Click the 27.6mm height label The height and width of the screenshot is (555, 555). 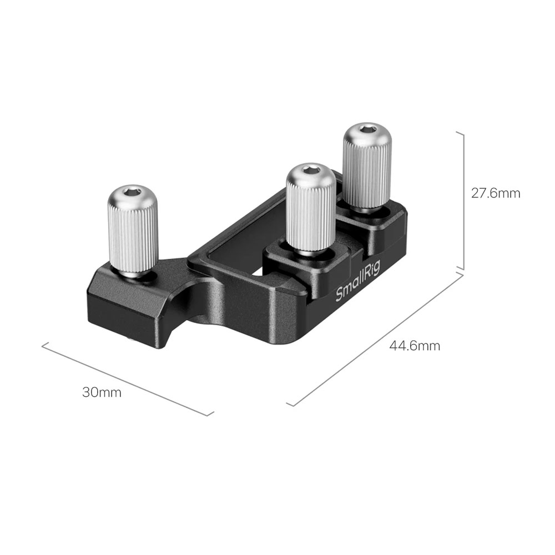click(496, 193)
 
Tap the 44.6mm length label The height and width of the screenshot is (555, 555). click(415, 346)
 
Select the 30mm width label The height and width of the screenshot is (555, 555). click(102, 392)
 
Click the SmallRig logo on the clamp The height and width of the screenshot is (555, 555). click(355, 286)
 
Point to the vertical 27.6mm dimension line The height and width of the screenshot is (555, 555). click(463, 200)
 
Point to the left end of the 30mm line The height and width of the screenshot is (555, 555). click(43, 345)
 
